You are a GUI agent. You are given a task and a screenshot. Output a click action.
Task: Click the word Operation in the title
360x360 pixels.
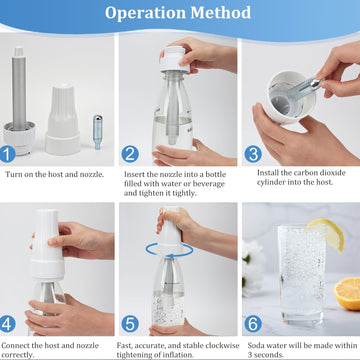click(145, 13)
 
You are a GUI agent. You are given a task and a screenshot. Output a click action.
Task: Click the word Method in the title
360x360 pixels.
click(221, 13)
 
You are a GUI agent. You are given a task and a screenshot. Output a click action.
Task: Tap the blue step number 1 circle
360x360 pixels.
click(7, 154)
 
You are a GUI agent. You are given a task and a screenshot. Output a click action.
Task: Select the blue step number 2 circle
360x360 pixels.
click(130, 154)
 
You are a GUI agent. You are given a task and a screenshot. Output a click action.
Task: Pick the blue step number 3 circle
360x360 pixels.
click(253, 154)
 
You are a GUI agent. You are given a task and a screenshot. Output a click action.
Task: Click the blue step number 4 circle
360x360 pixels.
click(7, 324)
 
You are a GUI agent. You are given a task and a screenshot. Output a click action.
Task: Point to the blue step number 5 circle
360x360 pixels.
click(130, 324)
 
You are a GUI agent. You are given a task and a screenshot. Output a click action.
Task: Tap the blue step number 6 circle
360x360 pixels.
click(253, 324)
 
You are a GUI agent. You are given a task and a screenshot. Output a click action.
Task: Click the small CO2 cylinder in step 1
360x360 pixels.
click(97, 132)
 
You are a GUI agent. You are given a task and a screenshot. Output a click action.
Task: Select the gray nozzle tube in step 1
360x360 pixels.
click(19, 89)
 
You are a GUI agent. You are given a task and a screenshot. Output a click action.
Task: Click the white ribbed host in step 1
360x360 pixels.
click(63, 119)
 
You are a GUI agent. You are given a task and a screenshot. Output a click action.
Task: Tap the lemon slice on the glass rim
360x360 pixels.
click(327, 233)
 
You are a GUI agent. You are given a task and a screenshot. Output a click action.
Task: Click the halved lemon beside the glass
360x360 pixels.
click(347, 293)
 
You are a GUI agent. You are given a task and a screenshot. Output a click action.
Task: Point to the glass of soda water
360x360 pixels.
click(302, 276)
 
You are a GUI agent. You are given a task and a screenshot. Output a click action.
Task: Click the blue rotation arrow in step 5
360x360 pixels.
click(170, 251)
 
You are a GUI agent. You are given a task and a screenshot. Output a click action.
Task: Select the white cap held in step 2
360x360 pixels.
click(174, 59)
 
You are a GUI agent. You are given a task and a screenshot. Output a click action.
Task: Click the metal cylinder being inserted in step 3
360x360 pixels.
click(304, 88)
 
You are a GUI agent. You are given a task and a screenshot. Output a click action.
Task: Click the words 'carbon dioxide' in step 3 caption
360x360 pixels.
click(318, 173)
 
